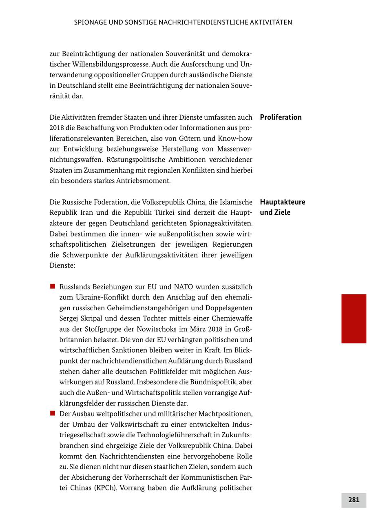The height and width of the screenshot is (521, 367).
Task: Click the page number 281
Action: (354, 500)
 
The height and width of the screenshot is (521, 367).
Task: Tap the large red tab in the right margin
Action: (354, 318)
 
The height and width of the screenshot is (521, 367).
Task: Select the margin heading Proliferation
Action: (281, 117)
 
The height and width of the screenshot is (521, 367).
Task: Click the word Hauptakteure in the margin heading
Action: (282, 202)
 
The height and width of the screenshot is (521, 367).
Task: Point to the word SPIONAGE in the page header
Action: (91, 22)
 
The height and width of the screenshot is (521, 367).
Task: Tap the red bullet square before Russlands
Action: (53, 287)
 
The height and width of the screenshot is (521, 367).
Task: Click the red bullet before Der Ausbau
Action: (53, 414)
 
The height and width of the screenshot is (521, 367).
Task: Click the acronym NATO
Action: (183, 287)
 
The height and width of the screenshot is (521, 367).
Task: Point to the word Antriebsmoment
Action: (145, 181)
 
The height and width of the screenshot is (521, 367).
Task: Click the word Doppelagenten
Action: (227, 308)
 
